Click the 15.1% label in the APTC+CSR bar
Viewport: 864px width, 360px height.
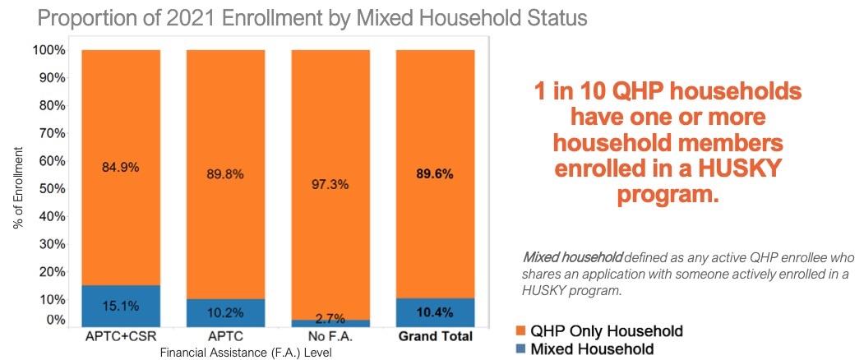121,307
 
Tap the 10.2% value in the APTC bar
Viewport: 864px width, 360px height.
225,312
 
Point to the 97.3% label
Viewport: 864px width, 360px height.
330,184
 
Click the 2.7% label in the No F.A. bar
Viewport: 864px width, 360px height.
330,319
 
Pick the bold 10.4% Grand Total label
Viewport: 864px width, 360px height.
436,312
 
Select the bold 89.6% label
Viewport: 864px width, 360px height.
436,174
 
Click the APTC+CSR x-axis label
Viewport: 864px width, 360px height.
121,337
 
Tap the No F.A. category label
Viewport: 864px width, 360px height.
330,337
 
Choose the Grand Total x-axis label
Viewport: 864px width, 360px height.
436,337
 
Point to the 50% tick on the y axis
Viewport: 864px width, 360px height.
50,188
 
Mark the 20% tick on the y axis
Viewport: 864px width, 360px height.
50,272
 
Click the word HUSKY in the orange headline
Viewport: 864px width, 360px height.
737,170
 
